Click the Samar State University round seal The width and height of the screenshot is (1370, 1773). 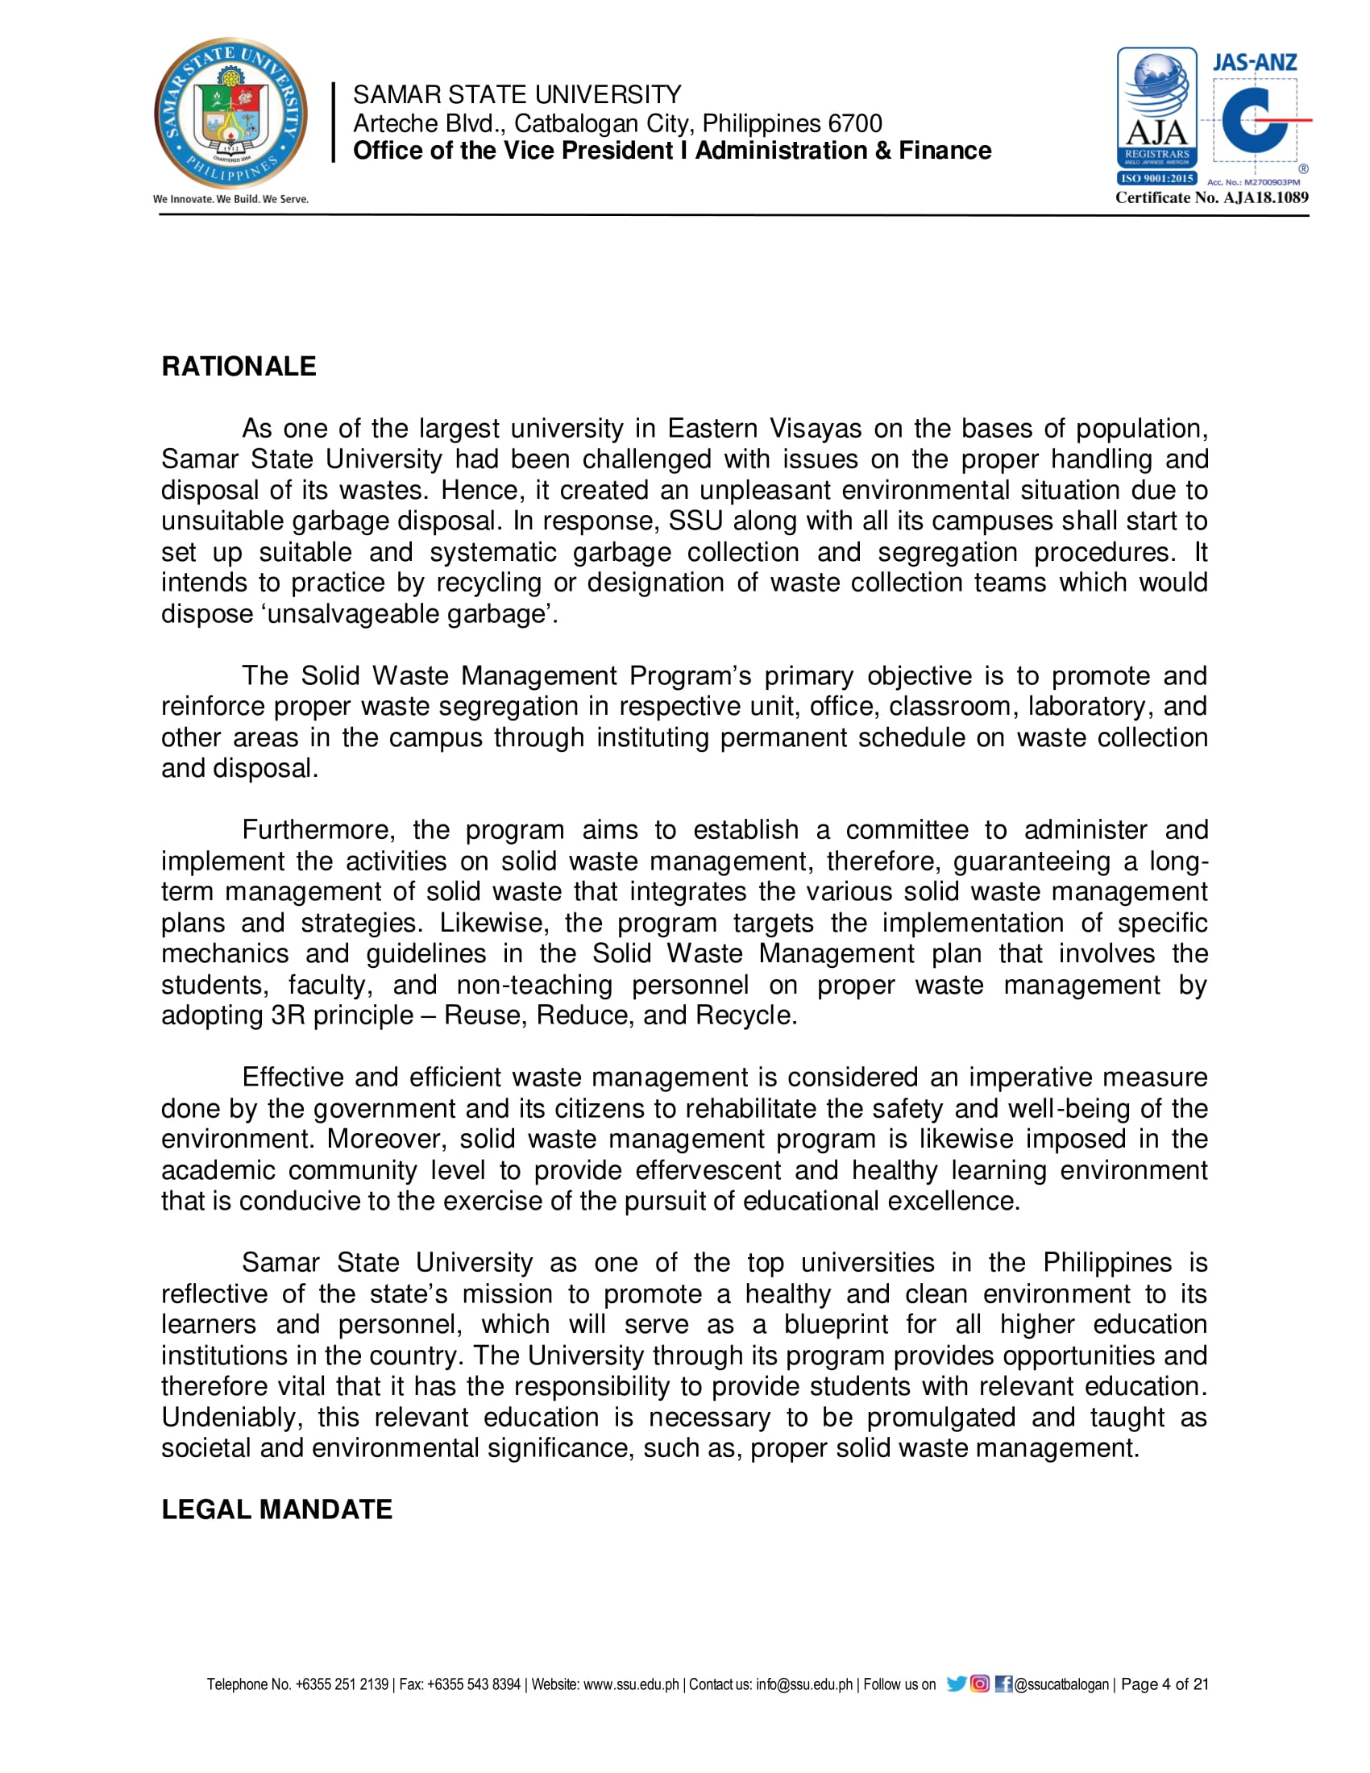pyautogui.click(x=231, y=113)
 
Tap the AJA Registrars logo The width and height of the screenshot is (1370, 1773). pyautogui.click(x=1156, y=114)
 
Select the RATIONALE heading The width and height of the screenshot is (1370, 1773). pyautogui.click(x=239, y=366)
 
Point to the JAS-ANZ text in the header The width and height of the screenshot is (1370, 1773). pyautogui.click(x=1254, y=63)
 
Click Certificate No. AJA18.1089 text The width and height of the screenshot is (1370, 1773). pyautogui.click(x=1212, y=197)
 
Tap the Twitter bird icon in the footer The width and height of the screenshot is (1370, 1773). pyautogui.click(x=956, y=1684)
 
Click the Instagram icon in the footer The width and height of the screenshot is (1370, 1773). pyautogui.click(x=980, y=1684)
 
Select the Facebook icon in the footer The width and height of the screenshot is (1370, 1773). pyautogui.click(x=1003, y=1684)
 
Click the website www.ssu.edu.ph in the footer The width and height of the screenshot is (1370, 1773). pyautogui.click(x=631, y=1684)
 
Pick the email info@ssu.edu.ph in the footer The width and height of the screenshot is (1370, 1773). pyautogui.click(x=803, y=1684)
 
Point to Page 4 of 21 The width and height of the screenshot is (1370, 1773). pyautogui.click(x=1164, y=1684)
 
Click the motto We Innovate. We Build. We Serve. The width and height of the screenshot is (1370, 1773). pyautogui.click(x=230, y=199)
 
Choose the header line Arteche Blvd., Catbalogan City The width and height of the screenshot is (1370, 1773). pyautogui.click(x=616, y=123)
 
